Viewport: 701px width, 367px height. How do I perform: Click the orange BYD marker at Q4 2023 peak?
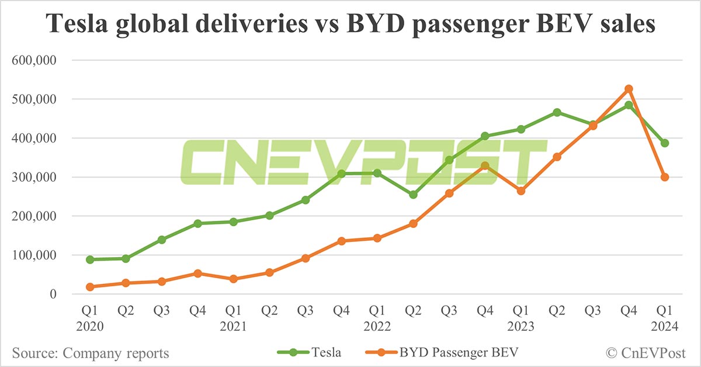tap(629, 89)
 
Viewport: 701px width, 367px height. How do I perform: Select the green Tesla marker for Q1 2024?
tap(665, 143)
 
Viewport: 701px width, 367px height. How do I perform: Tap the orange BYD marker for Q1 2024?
tap(665, 177)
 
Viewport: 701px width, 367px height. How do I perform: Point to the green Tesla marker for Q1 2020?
tap(90, 259)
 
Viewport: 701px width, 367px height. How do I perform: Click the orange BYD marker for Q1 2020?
tap(90, 287)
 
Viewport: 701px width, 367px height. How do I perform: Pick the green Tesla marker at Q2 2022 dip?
tap(413, 195)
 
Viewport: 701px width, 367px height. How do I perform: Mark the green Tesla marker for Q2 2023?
tap(557, 112)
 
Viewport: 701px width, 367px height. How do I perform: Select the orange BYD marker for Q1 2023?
tap(521, 191)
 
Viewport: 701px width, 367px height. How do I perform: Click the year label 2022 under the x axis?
tap(377, 327)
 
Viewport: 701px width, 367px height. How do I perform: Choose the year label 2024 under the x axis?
tap(665, 327)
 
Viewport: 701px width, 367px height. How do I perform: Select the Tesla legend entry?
tap(315, 352)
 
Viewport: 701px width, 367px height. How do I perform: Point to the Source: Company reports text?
tap(90, 353)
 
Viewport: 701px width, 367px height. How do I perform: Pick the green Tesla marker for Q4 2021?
tap(341, 174)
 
